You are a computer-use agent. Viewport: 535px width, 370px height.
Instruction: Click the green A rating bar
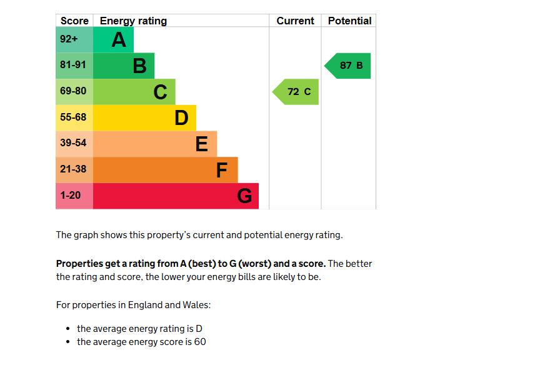(x=113, y=40)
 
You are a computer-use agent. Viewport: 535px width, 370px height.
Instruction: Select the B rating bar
(x=124, y=66)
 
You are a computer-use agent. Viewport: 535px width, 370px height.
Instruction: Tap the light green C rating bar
(x=134, y=92)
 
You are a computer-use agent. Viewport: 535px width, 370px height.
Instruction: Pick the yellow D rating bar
(x=144, y=117)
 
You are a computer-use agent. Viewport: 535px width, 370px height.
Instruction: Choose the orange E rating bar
(x=155, y=144)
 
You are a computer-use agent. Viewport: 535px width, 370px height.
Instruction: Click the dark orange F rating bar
(x=165, y=169)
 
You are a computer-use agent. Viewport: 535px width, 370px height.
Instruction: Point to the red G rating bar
(x=176, y=196)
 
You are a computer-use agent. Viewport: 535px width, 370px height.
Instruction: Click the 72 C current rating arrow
(x=296, y=92)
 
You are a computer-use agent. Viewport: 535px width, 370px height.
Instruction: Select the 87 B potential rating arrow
(x=348, y=66)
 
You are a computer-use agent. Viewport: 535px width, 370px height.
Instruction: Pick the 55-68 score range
(x=74, y=117)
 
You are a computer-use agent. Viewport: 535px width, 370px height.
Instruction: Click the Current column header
(x=295, y=21)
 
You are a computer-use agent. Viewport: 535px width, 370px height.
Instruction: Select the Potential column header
(x=349, y=21)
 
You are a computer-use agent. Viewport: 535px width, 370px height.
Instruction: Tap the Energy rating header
(x=133, y=21)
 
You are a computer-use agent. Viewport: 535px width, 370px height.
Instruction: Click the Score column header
(x=74, y=21)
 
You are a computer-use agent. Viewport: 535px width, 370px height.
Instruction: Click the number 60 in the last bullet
(x=199, y=342)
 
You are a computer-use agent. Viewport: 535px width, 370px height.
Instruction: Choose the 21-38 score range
(x=74, y=169)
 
